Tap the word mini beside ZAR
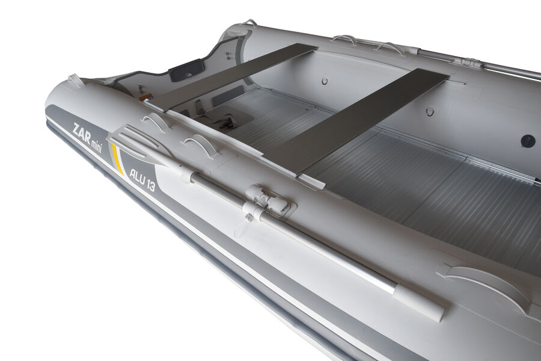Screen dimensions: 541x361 [x=97, y=145]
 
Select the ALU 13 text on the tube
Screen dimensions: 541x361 [x=142, y=179]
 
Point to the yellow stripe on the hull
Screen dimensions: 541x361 [x=117, y=159]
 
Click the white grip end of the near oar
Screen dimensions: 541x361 [x=418, y=303]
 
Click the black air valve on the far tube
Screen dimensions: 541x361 [x=528, y=141]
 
